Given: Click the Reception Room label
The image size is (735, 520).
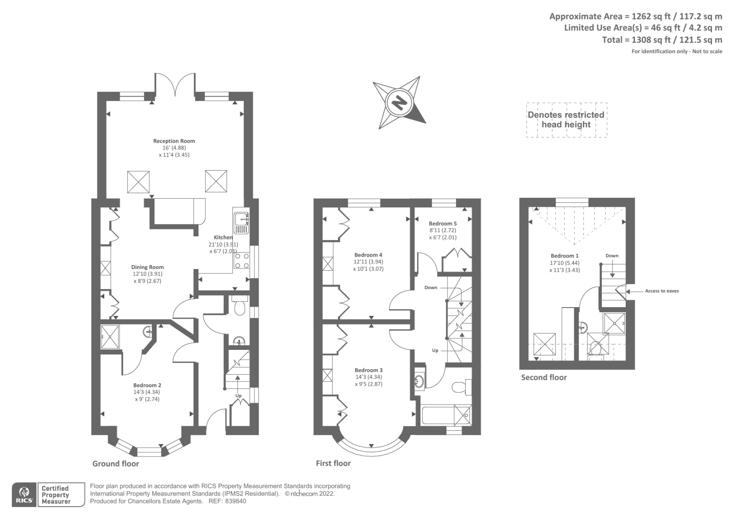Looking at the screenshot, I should pos(174,141).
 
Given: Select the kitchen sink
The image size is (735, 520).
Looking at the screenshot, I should pos(241,222).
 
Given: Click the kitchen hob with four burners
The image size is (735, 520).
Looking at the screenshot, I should pos(242,260).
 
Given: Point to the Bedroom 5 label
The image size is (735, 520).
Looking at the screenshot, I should pos(442,223).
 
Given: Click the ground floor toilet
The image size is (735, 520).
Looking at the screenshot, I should pos(239,306).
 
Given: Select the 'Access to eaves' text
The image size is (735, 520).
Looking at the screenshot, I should pos(661,291).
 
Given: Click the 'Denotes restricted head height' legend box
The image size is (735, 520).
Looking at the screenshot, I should pos(566,120).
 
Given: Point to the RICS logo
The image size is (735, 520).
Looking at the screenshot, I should pos(24,495).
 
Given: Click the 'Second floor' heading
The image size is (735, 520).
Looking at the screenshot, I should pos(543,377).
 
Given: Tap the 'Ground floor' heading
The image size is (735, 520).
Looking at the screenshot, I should pos(115,463).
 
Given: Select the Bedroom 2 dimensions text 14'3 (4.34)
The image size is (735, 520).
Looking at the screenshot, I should pos(147,392).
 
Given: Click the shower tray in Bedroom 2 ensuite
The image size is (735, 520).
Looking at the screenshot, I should pos(110,337).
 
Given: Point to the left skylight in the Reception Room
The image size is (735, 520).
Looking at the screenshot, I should pos(138,182).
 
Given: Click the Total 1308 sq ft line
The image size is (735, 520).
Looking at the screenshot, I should pos(661,40).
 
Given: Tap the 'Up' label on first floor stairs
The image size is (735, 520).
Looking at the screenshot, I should pos(435,350).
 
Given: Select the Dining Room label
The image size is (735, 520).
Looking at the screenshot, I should pos(147,267).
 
